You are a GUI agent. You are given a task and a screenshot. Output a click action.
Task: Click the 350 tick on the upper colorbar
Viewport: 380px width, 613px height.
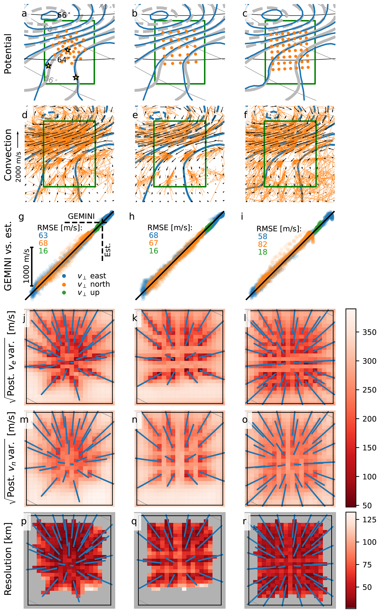pos(369,332)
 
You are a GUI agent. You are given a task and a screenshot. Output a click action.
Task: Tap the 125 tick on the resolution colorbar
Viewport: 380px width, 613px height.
pos(369,520)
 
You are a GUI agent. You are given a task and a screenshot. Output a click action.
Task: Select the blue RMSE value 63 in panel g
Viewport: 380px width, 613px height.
pos(43,235)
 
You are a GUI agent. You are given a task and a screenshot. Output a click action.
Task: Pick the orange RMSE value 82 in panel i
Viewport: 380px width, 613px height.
pos(263,244)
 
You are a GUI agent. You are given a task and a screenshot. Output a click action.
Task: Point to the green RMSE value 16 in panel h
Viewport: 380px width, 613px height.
pos(153,251)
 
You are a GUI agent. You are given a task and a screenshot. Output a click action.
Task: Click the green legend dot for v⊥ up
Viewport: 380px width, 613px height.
pos(64,292)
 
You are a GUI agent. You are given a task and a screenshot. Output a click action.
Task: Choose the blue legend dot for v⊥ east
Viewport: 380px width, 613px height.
pos(64,276)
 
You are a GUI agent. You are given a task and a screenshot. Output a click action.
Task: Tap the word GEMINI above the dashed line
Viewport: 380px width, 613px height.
pos(81,216)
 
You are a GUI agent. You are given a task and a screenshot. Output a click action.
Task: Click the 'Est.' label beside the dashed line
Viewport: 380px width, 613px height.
pos(108,250)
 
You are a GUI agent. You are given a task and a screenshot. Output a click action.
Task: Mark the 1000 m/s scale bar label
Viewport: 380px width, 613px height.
pos(26,266)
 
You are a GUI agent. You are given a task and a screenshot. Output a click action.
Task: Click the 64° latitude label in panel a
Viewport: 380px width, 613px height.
pos(62,60)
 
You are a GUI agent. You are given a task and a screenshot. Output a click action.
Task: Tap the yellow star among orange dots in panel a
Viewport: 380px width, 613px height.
pos(67,50)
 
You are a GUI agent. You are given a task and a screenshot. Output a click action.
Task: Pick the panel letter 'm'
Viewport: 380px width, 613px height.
pos(24,419)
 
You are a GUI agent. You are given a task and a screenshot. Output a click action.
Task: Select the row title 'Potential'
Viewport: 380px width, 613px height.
pos(8,54)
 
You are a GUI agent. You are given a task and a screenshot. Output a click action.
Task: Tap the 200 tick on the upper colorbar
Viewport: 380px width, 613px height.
pos(369,419)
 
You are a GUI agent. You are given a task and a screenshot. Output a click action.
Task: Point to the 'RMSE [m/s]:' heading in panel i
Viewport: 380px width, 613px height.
pos(279,229)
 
